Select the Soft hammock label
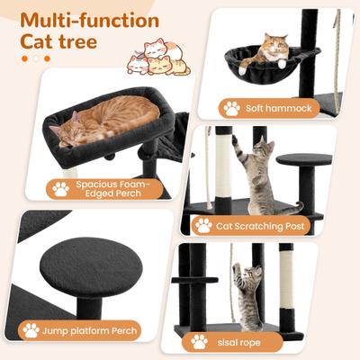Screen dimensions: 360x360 (x=270, y=108)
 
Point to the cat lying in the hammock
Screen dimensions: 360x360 (x=267, y=50)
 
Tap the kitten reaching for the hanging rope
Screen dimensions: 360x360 (x=247, y=292)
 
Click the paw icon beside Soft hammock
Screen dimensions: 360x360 (x=231, y=108)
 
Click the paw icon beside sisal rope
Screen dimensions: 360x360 (x=199, y=341)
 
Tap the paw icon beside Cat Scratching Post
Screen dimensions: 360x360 (x=204, y=225)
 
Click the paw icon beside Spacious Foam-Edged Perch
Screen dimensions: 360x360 (x=61, y=189)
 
